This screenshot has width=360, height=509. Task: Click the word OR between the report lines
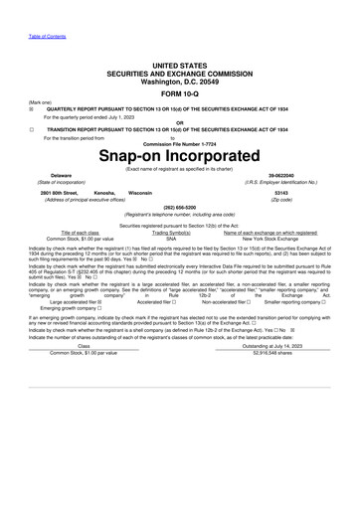[x=179, y=123]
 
